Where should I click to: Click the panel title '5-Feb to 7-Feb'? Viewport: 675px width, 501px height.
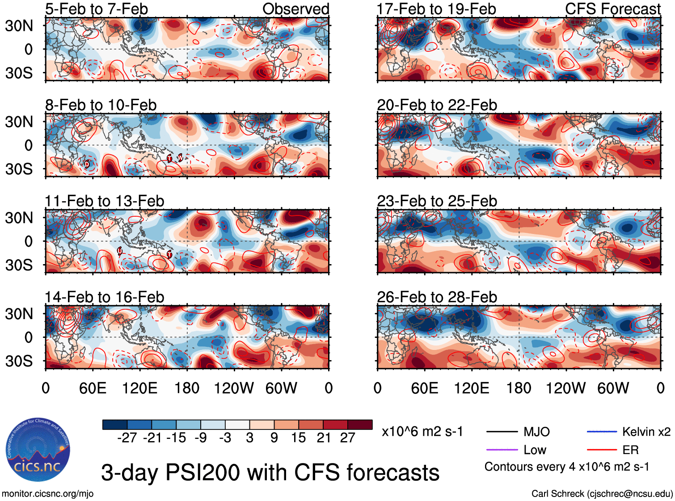tap(96, 9)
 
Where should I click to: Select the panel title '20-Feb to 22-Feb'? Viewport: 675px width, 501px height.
tap(437, 105)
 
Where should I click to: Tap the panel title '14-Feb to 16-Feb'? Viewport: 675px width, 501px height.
tap(104, 297)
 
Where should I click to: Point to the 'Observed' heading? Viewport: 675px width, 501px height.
tap(295, 9)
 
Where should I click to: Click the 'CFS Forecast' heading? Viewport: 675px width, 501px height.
tap(612, 9)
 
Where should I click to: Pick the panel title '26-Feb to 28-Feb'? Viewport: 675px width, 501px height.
tap(437, 297)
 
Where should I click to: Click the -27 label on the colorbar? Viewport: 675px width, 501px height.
tap(127, 438)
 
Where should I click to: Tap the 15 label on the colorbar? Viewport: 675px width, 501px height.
tap(298, 438)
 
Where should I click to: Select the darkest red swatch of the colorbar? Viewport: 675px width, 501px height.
tap(360, 425)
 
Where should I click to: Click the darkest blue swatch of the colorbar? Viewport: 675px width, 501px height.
tap(115, 425)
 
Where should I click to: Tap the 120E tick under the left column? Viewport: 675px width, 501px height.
tap(140, 388)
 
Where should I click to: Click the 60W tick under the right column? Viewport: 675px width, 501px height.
tap(613, 388)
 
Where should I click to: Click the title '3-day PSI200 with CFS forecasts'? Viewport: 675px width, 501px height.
tap(270, 472)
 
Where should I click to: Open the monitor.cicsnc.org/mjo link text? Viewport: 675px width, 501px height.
tap(47, 494)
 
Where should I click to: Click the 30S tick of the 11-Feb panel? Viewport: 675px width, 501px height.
tap(19, 265)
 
